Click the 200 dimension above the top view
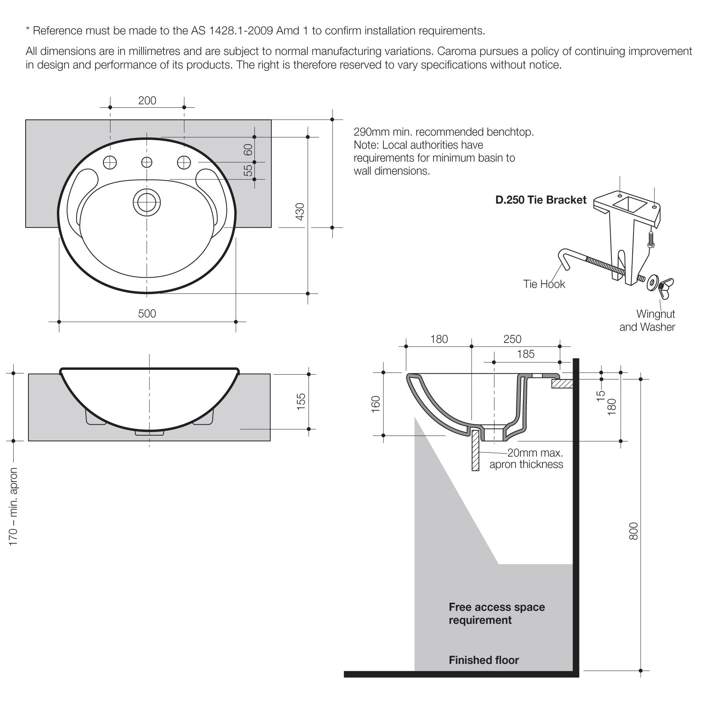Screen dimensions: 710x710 pyautogui.click(x=147, y=101)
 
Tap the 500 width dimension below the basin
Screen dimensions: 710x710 pyautogui.click(x=147, y=314)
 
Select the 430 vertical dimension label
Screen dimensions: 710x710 pyautogui.click(x=300, y=212)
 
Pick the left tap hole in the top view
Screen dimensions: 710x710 pyautogui.click(x=110, y=162)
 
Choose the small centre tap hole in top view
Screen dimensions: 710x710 pyautogui.click(x=147, y=162)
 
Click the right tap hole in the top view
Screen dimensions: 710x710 pyautogui.click(x=184, y=162)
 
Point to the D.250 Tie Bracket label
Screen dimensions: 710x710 pyautogui.click(x=541, y=200)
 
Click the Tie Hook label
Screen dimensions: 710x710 pyautogui.click(x=544, y=284)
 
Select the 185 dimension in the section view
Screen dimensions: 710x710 pyautogui.click(x=525, y=354)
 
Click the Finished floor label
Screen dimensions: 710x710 pyautogui.click(x=484, y=660)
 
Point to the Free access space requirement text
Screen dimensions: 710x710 pyautogui.click(x=496, y=613)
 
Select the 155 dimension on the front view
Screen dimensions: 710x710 pyautogui.click(x=301, y=401)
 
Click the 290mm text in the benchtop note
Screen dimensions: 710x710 pyautogui.click(x=368, y=132)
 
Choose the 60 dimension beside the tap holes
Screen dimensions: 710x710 pyautogui.click(x=248, y=149)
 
